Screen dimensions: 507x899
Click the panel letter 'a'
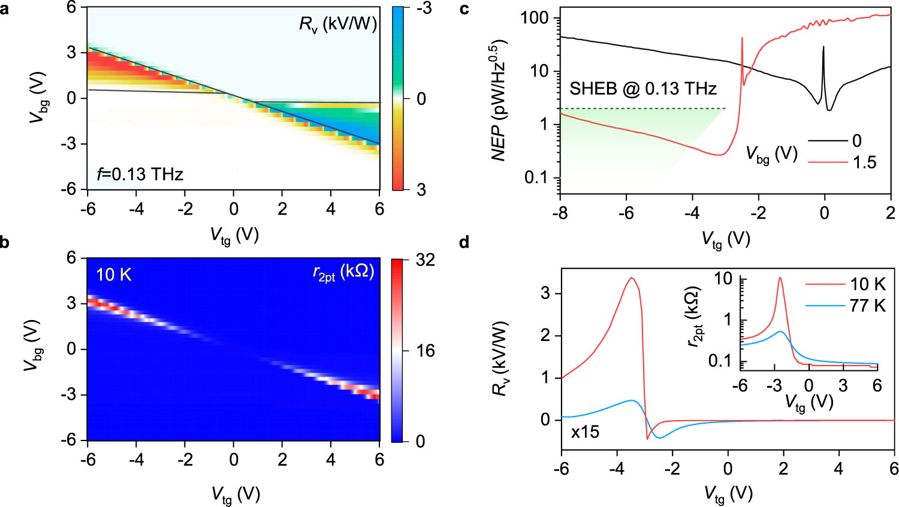point(5,10)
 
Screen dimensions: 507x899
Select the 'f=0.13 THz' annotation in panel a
point(140,174)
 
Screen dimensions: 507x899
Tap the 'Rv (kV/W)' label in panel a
point(337,25)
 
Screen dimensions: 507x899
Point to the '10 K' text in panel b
point(113,275)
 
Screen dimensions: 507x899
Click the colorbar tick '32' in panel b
point(425,260)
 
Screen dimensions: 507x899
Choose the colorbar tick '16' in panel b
point(425,351)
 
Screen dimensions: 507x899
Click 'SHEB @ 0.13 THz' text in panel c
point(642,89)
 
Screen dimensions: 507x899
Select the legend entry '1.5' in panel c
point(864,162)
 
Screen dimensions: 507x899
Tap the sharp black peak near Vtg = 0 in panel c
point(823,48)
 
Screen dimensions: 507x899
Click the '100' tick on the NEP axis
point(535,18)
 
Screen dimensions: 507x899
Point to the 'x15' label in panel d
point(585,432)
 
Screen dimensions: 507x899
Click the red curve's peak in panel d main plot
point(631,277)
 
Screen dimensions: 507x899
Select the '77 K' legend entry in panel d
point(867,306)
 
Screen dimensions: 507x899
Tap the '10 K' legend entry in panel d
point(867,284)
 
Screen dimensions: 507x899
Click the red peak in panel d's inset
point(780,278)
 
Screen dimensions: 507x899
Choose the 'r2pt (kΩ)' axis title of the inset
point(693,317)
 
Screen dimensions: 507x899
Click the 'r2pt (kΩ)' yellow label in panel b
point(343,273)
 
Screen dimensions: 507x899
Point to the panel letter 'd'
point(464,243)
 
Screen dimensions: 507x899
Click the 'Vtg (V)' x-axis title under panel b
point(235,495)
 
